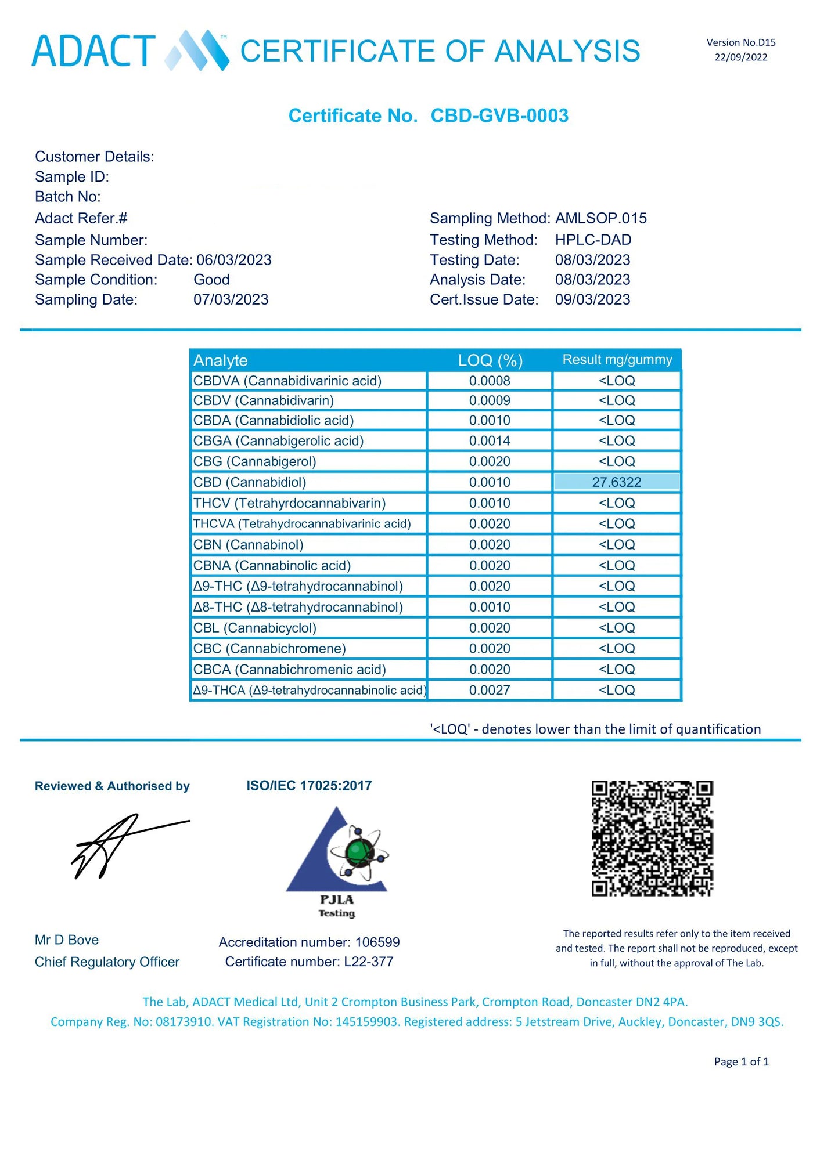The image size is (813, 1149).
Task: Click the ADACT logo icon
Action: click(x=197, y=51)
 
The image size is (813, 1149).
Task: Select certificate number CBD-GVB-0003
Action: click(x=499, y=115)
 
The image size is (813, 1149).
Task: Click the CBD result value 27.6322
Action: click(x=617, y=482)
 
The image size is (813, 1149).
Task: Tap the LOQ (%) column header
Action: click(x=490, y=360)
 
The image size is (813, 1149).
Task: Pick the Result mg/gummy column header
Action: click(x=617, y=360)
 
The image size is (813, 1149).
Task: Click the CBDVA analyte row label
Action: click(x=287, y=381)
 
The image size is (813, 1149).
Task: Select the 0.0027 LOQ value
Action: click(x=490, y=690)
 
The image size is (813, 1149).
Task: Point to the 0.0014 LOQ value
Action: click(x=490, y=441)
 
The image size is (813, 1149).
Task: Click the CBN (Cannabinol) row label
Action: click(x=249, y=544)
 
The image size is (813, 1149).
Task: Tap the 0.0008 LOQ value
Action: click(x=490, y=381)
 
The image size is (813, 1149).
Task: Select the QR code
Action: click(x=652, y=838)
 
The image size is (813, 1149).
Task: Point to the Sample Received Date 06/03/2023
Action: click(x=233, y=260)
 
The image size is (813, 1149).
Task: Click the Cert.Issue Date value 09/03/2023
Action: click(x=592, y=299)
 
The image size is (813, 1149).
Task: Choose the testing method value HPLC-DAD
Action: click(x=593, y=240)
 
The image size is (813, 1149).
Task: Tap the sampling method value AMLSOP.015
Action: click(x=600, y=218)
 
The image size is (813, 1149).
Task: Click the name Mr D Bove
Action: click(x=67, y=940)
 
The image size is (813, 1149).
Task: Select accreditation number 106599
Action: click(x=377, y=942)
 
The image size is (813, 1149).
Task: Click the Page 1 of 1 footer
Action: click(x=741, y=1061)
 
